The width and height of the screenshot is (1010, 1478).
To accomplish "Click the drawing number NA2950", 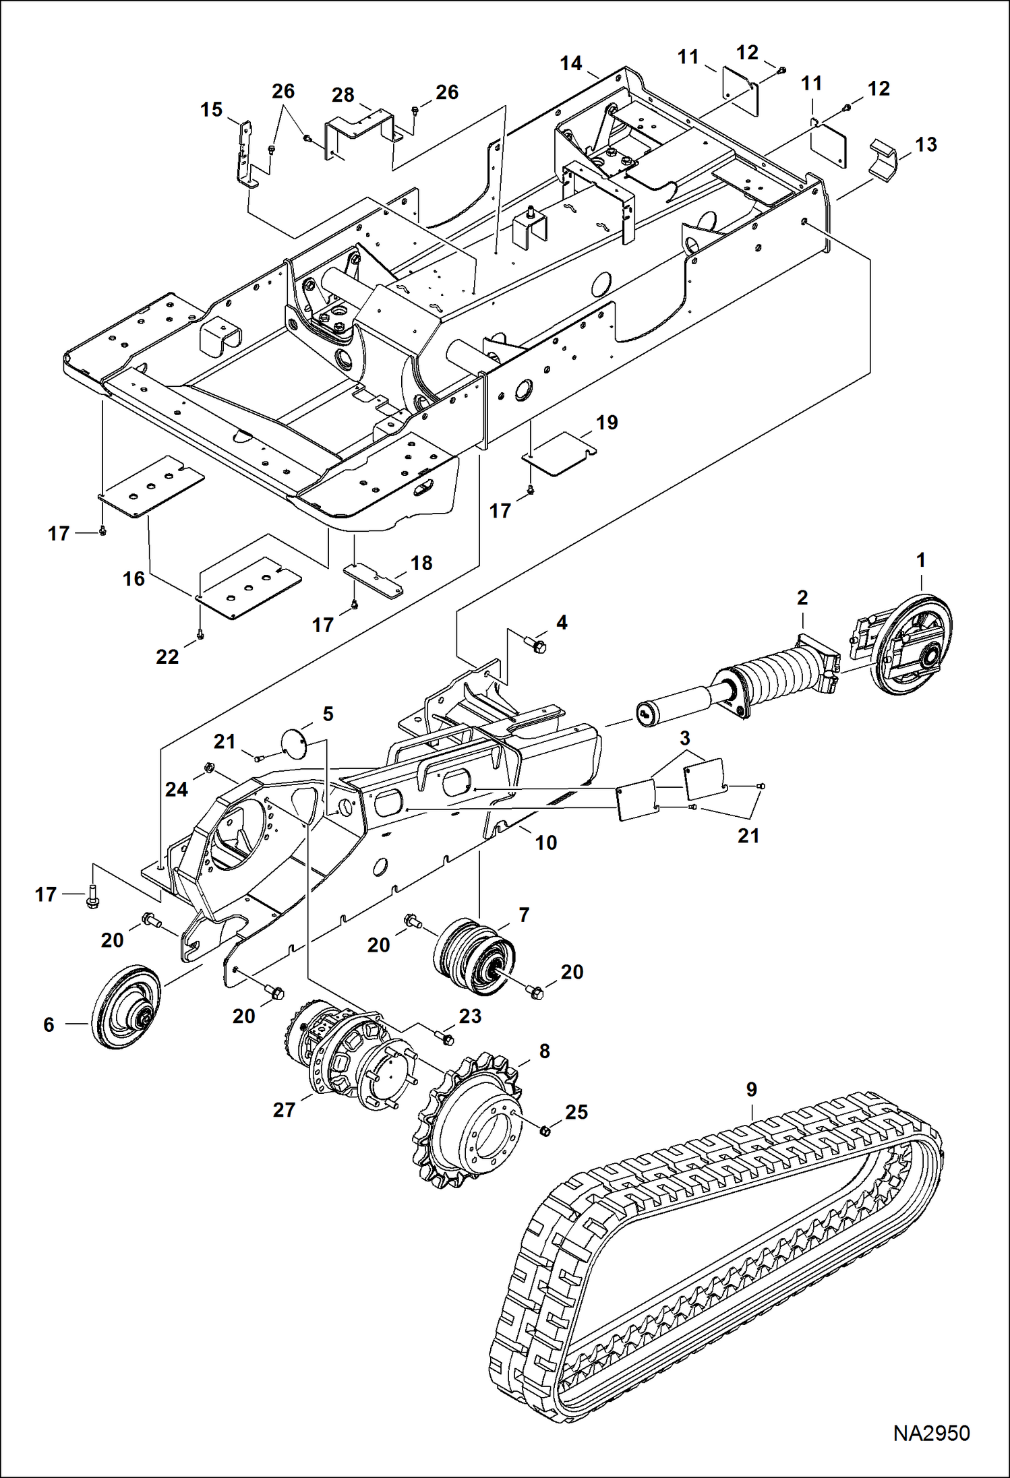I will point(931,1433).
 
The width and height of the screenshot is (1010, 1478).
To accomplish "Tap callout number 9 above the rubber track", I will point(751,1089).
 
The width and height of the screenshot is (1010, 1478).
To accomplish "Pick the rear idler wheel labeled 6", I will point(126,1007).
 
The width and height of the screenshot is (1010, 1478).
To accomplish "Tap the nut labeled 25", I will point(545,1130).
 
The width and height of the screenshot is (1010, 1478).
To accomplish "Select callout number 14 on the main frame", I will point(570,63).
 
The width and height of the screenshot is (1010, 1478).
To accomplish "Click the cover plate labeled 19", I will point(560,453).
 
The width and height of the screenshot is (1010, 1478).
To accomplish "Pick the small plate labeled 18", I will point(374,578).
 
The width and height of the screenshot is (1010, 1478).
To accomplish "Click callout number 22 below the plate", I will point(167,656).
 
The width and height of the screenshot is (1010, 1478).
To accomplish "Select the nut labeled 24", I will point(209,767).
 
